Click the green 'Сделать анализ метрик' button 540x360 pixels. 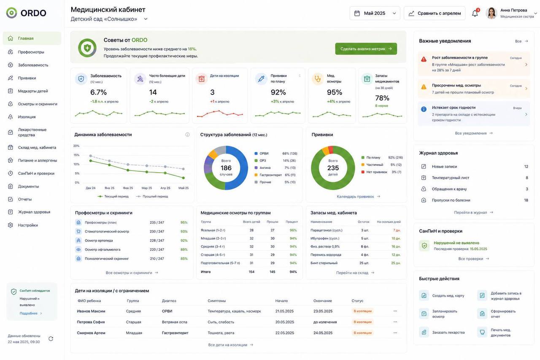click(366, 49)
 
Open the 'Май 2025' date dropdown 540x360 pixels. click(375, 13)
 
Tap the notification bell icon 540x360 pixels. click(475, 14)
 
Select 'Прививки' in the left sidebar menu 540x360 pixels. click(27, 78)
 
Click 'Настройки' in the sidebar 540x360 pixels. click(28, 225)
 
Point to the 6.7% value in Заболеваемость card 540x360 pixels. click(98, 92)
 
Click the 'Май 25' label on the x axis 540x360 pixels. click(184, 188)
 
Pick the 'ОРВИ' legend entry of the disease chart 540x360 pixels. click(264, 153)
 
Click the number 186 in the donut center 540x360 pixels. click(226, 168)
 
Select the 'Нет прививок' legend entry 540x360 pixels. click(377, 172)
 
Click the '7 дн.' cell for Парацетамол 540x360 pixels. click(397, 230)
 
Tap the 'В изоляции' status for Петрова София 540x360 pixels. click(362, 322)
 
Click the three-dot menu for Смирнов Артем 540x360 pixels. click(395, 333)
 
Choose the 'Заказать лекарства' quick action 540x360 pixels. click(448, 332)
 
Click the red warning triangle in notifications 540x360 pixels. click(424, 59)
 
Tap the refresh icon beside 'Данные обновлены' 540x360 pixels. click(51, 338)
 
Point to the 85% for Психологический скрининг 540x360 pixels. click(184, 258)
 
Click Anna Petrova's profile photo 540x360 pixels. click(491, 13)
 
